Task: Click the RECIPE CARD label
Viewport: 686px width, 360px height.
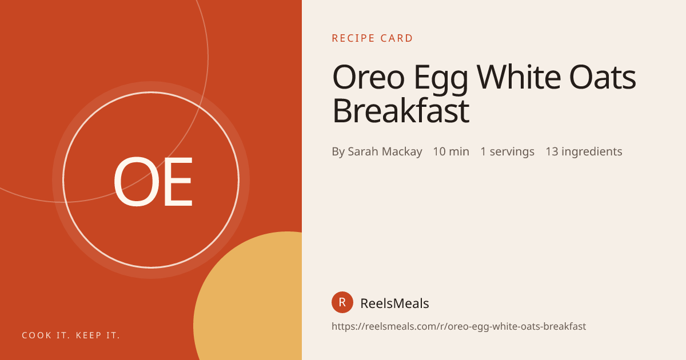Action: point(372,38)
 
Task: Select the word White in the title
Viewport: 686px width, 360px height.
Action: point(519,77)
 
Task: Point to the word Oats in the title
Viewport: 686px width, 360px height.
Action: point(603,78)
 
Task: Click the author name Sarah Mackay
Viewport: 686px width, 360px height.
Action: point(385,151)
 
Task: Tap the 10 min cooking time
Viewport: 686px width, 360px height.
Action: point(451,151)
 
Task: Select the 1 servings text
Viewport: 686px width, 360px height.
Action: point(508,151)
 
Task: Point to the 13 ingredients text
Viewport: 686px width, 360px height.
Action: point(584,151)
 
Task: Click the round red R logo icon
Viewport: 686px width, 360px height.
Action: point(342,302)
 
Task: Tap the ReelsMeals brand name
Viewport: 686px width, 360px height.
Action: point(395,303)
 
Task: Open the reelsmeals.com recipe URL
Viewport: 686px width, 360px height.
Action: point(458,326)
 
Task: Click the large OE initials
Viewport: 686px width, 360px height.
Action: point(153,181)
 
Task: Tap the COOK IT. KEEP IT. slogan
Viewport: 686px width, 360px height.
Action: point(71,335)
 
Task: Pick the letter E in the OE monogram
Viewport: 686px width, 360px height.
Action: point(178,182)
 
